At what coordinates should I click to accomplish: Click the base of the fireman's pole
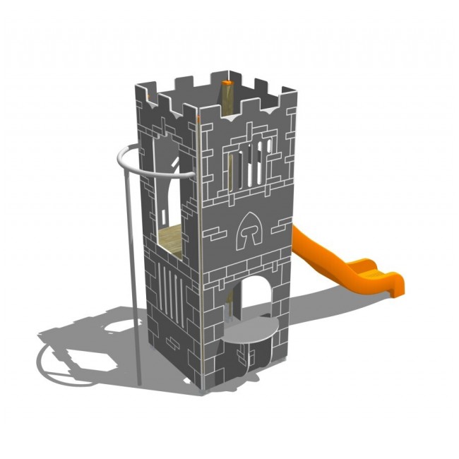click(138, 382)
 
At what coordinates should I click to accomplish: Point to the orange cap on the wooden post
click(227, 83)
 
